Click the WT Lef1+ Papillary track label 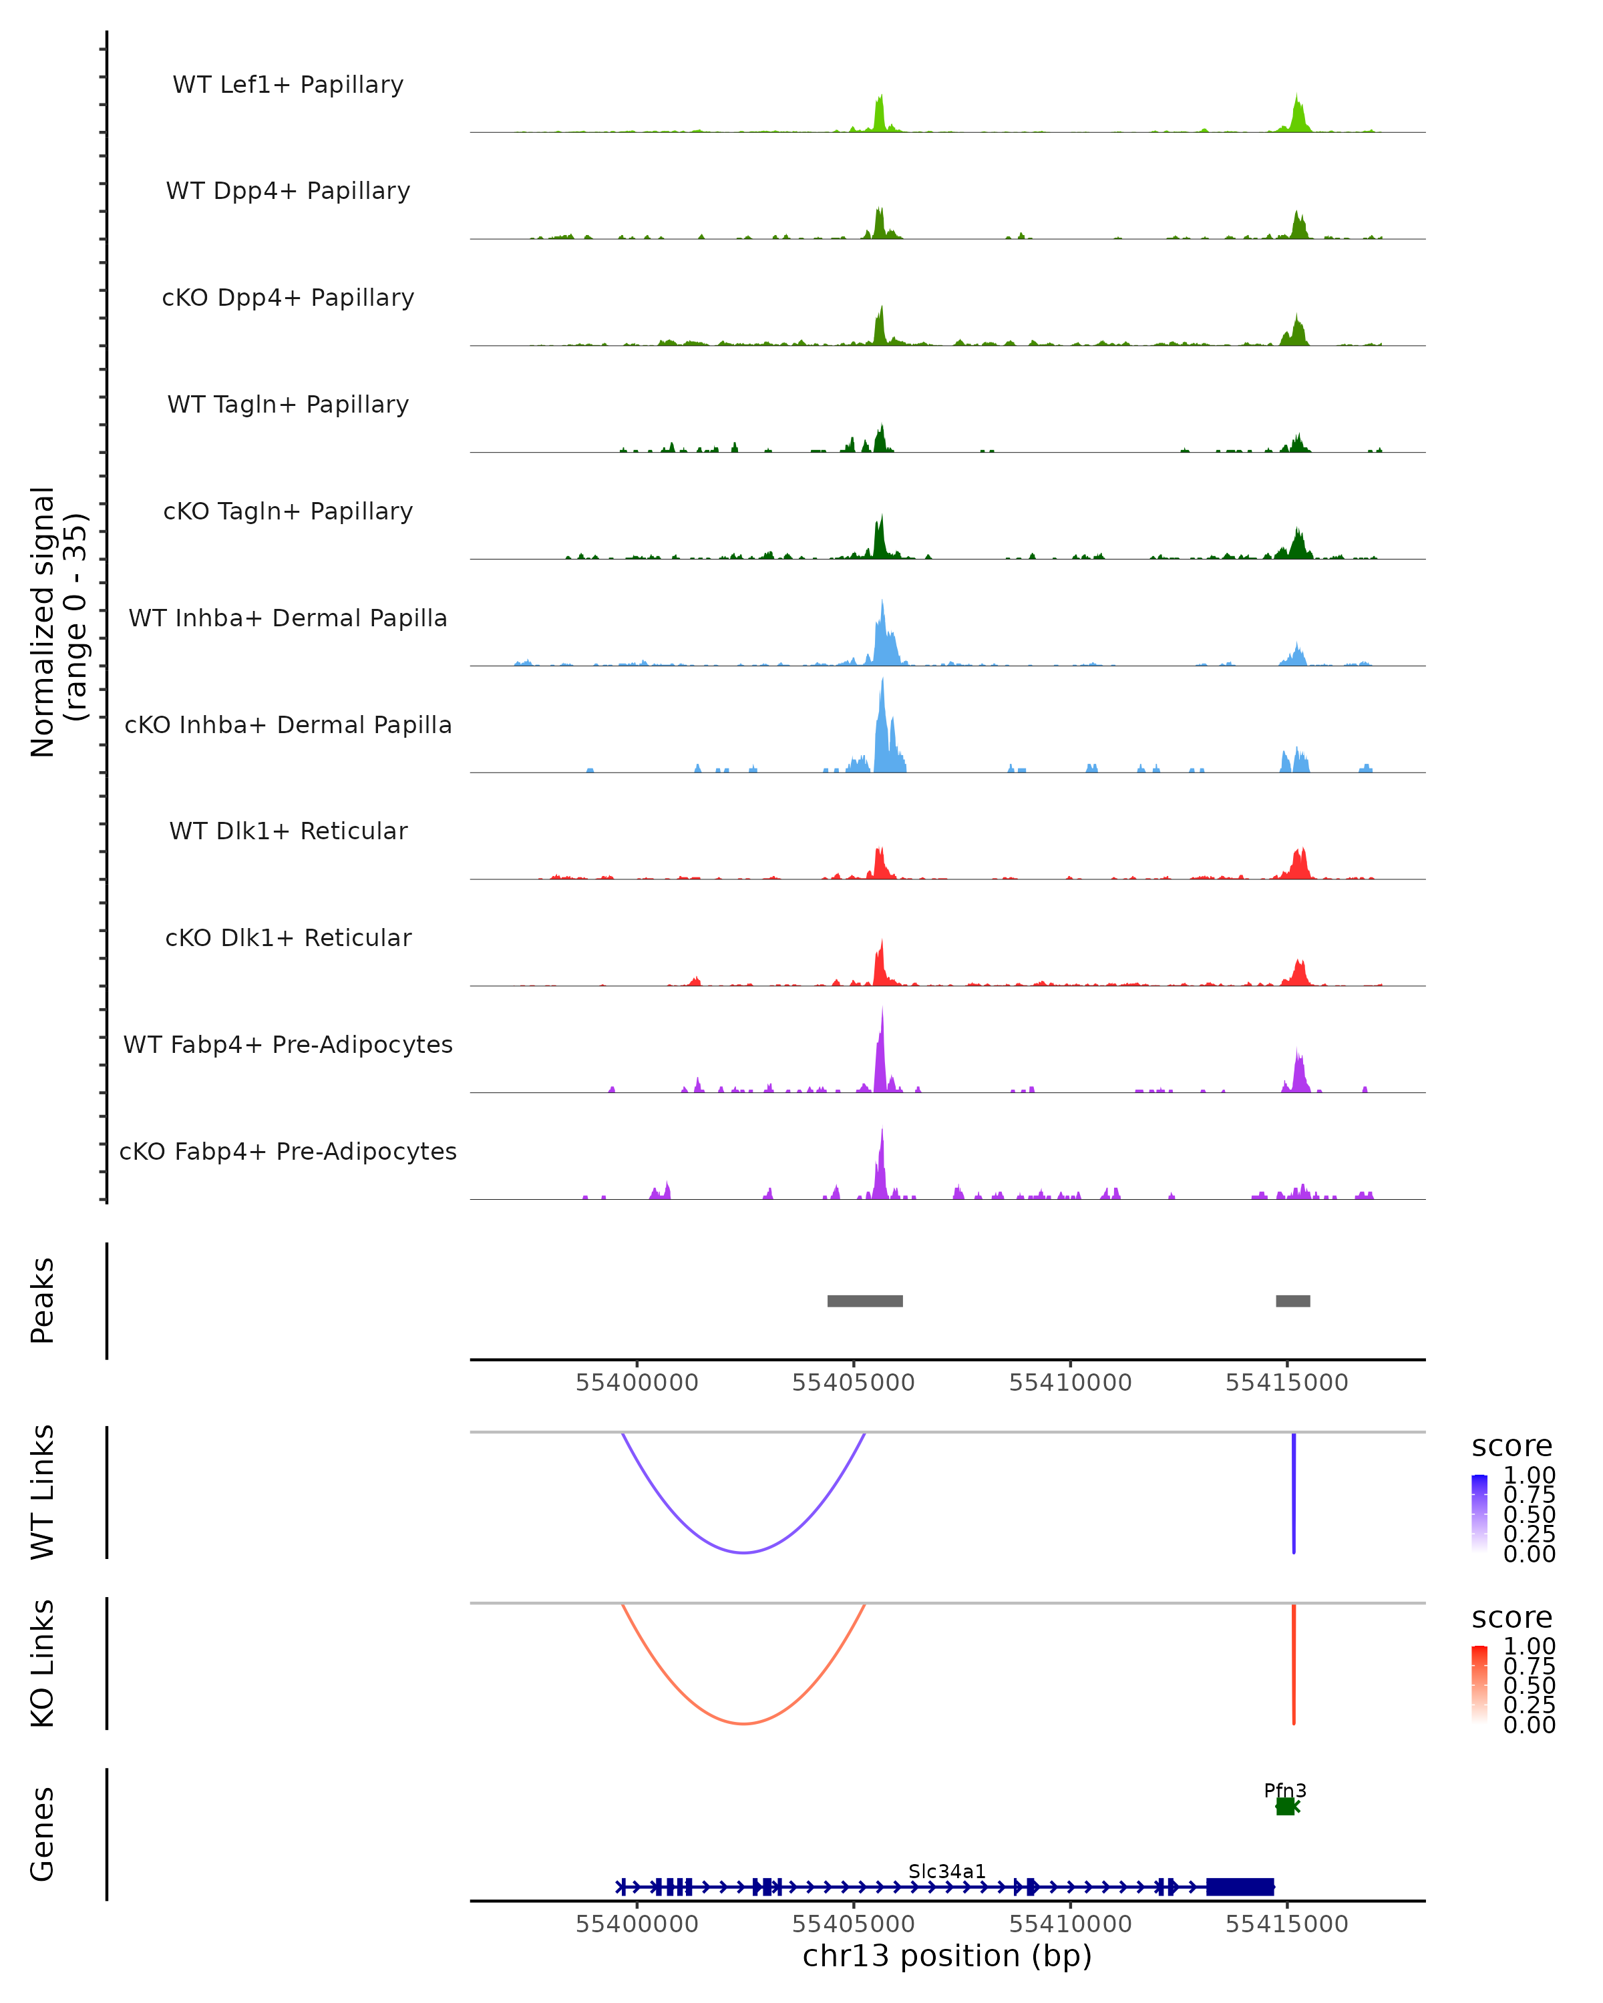click(x=288, y=85)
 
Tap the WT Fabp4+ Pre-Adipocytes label click(x=288, y=1044)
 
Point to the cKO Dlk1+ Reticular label click(x=288, y=937)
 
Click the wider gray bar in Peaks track click(x=864, y=1301)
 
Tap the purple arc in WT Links click(x=743, y=1552)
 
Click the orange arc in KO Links click(x=743, y=1723)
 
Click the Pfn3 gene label click(x=1285, y=1790)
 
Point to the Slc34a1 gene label click(x=947, y=1871)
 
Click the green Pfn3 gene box click(x=1285, y=1806)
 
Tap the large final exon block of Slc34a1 click(x=1240, y=1887)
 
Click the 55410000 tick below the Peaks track click(x=1071, y=1383)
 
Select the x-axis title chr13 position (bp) click(x=947, y=1956)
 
